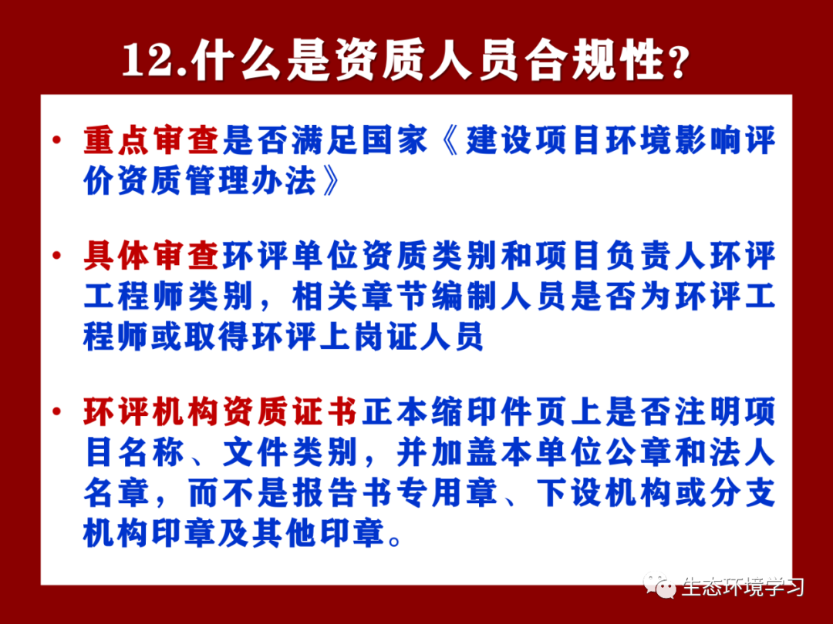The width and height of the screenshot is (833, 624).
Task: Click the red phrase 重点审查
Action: tap(151, 141)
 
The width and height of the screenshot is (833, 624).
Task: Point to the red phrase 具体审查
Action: tap(151, 256)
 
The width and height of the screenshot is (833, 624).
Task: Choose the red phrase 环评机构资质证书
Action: tap(220, 411)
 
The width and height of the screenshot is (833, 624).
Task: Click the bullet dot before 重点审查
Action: tap(57, 140)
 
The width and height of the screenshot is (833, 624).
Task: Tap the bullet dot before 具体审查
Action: tap(57, 256)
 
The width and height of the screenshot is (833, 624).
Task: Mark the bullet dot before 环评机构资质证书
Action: tap(57, 411)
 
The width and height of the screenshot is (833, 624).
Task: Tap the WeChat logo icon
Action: tap(659, 585)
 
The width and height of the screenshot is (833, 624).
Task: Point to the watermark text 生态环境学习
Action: tap(743, 587)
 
